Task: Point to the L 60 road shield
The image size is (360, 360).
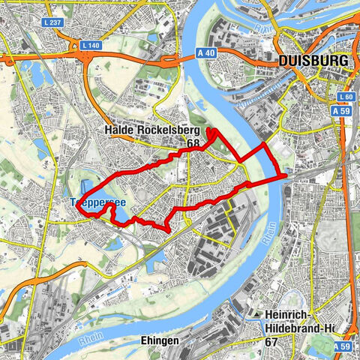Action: [344, 98]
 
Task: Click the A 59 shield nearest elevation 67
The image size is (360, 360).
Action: [343, 347]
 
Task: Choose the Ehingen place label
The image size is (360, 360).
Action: [159, 340]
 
